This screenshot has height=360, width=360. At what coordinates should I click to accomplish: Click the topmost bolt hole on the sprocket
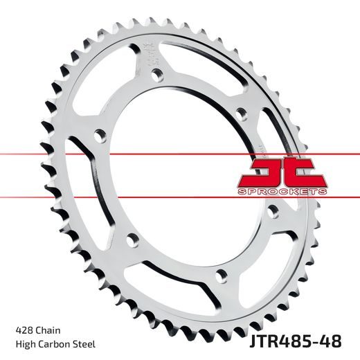[157, 74]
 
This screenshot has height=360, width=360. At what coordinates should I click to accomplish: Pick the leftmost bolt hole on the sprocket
[98, 136]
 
